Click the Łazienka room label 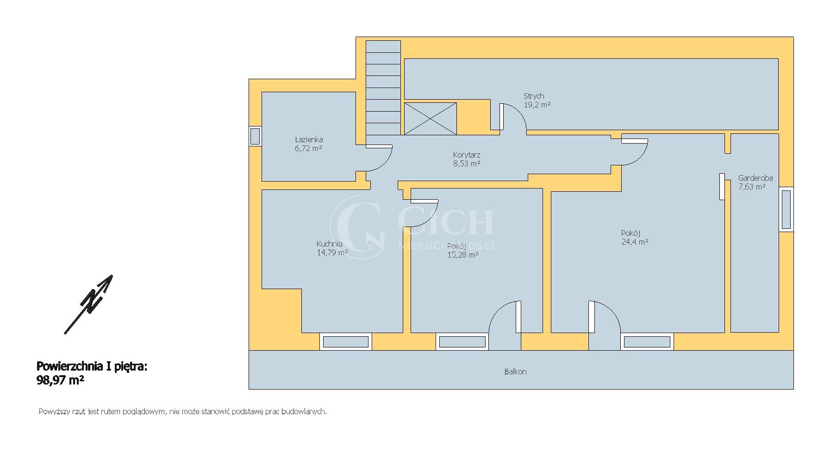tap(309, 139)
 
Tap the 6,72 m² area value tap(308, 148)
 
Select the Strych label tap(534, 96)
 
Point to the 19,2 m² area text tap(537, 105)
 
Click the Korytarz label tap(467, 155)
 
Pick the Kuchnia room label tap(330, 244)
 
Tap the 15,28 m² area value tap(463, 254)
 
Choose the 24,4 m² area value tap(635, 241)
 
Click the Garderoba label tap(755, 178)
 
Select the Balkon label tap(515, 372)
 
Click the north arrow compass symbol tap(89, 304)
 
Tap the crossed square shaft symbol tap(431, 119)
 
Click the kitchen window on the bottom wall tap(345, 342)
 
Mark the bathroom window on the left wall tap(255, 136)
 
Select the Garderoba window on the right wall tap(786, 209)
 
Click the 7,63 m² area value tap(752, 187)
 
